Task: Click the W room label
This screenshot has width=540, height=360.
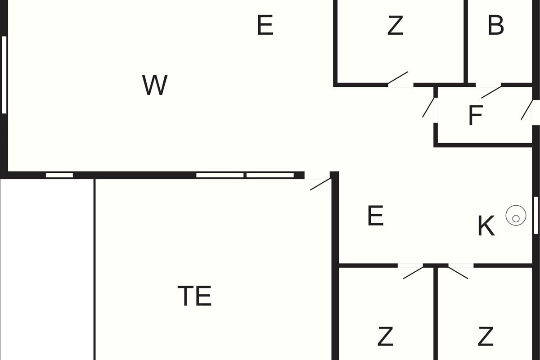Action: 155,85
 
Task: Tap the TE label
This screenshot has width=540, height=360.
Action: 194,296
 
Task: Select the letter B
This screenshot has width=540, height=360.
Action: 495,26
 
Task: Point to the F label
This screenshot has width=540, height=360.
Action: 475,115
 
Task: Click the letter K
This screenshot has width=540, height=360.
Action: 486,226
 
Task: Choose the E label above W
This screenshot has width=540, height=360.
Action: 265,25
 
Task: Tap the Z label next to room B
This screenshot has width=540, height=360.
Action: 395,26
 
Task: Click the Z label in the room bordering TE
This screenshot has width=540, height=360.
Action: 386,336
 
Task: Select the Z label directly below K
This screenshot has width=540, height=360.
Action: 486,336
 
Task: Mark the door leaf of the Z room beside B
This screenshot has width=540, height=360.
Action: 398,78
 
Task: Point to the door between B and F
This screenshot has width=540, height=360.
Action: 491,91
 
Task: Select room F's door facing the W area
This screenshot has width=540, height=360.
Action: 428,108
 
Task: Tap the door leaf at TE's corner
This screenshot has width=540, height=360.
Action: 320,184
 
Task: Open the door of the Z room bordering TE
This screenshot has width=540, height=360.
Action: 413,272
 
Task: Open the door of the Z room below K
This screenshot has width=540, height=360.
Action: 458,272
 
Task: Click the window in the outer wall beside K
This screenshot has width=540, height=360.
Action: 535,215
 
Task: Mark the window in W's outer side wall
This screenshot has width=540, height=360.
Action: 4,74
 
